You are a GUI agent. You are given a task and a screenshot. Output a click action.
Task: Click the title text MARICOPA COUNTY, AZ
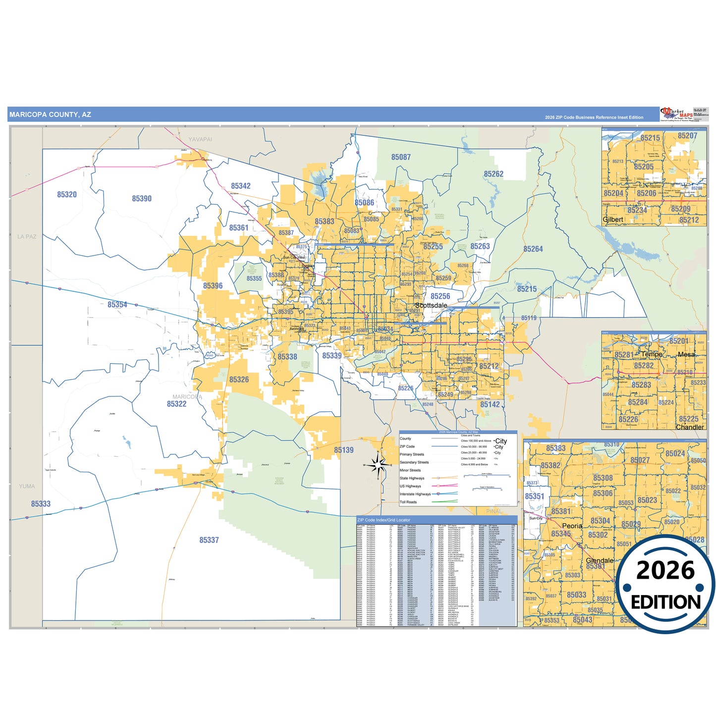click(50, 114)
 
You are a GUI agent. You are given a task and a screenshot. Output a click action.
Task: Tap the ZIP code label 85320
click(67, 195)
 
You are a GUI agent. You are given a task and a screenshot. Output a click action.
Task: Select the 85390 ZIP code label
click(142, 199)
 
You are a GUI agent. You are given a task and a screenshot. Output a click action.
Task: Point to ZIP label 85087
click(401, 157)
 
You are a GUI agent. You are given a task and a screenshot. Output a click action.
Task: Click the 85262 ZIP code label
click(494, 174)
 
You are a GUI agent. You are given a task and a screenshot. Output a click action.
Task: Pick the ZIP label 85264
click(533, 249)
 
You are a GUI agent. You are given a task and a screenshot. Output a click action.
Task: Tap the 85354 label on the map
click(117, 305)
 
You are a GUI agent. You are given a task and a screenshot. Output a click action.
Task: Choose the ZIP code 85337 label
click(209, 540)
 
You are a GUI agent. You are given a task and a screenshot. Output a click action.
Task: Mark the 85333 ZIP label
click(41, 504)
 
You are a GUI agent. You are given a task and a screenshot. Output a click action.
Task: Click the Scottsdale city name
click(431, 306)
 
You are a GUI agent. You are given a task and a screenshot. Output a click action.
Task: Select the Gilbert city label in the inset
click(613, 220)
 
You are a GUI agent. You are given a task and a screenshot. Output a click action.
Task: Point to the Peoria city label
click(572, 526)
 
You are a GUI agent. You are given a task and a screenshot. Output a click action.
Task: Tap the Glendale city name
click(600, 560)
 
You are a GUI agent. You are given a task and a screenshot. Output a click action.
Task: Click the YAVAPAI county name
click(200, 139)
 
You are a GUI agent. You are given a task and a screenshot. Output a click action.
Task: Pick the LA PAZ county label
click(27, 237)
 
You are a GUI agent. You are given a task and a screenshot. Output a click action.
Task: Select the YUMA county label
click(27, 487)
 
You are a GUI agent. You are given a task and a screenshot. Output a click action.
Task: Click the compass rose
click(378, 465)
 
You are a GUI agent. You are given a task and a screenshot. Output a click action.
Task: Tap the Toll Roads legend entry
click(408, 502)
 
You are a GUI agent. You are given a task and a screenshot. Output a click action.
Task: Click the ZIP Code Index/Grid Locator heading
click(384, 520)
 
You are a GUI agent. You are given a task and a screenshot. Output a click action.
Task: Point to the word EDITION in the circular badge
click(665, 602)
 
